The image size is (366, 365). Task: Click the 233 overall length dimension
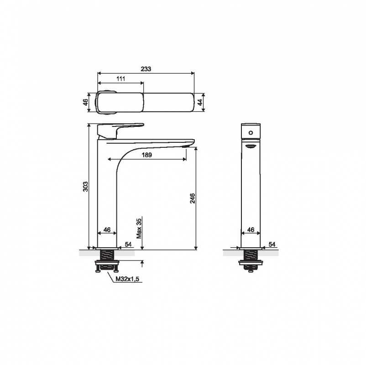[146, 69]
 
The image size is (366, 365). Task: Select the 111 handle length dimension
[120, 78]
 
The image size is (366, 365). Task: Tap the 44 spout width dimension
[200, 102]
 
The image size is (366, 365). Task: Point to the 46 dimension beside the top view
[86, 102]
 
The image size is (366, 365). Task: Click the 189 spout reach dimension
[147, 155]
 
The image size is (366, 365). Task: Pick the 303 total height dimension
[86, 186]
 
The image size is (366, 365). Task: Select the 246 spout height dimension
[192, 198]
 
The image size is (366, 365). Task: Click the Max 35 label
[139, 229]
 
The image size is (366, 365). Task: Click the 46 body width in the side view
[107, 230]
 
